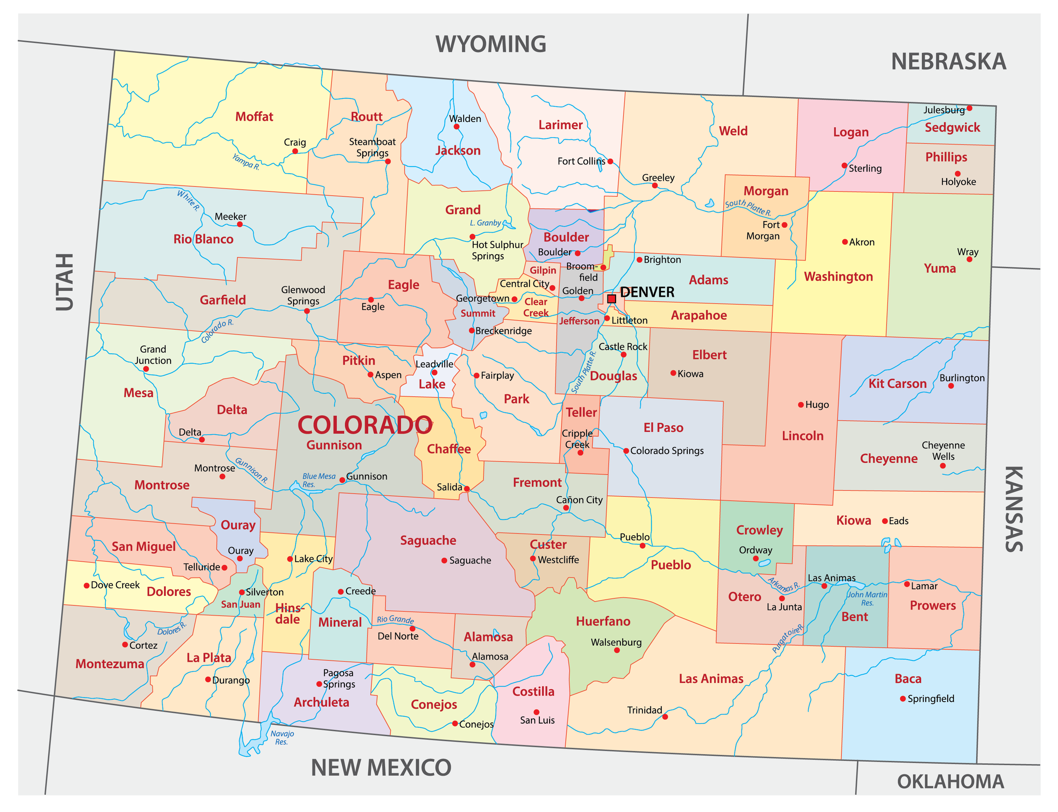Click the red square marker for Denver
pyautogui.click(x=611, y=299)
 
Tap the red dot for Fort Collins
pyautogui.click(x=610, y=162)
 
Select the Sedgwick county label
pyautogui.click(x=952, y=128)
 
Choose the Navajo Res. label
pyautogui.click(x=282, y=738)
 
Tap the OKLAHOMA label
pyautogui.click(x=950, y=781)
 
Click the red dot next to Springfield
pyautogui.click(x=902, y=699)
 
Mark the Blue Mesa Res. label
pyautogui.click(x=318, y=480)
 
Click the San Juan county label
pyautogui.click(x=240, y=604)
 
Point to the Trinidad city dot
pyautogui.click(x=665, y=717)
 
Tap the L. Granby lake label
pyautogui.click(x=485, y=223)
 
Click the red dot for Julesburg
pyautogui.click(x=969, y=108)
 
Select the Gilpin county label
pyautogui.click(x=543, y=271)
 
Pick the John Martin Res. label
pyautogui.click(x=867, y=598)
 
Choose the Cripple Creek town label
pyautogui.click(x=577, y=439)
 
